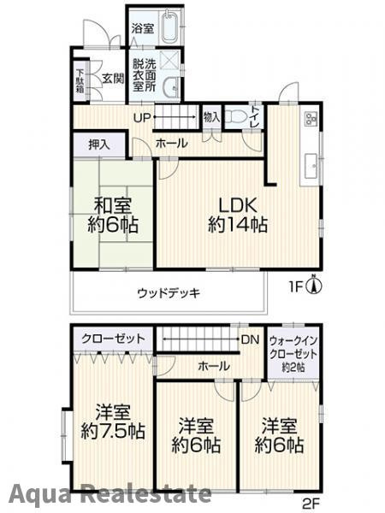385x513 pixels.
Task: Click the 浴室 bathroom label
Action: pyautogui.click(x=142, y=27)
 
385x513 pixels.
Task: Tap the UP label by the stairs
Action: pyautogui.click(x=142, y=118)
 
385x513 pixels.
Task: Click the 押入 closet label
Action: pyautogui.click(x=99, y=144)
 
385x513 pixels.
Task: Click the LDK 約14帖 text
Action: pyautogui.click(x=238, y=215)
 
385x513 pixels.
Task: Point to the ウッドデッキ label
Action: pyautogui.click(x=169, y=293)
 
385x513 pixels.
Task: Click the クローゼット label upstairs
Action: pyautogui.click(x=113, y=339)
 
